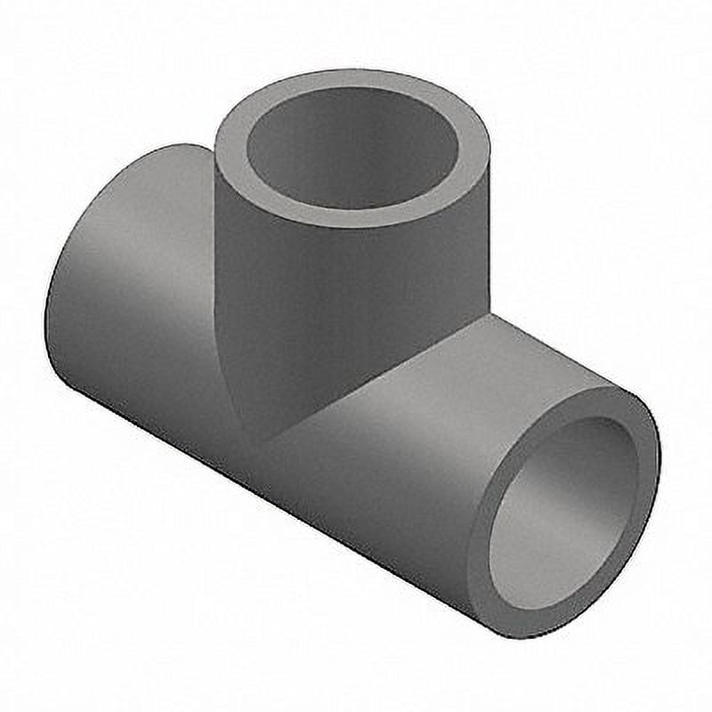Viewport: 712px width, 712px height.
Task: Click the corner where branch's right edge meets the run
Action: (488, 313)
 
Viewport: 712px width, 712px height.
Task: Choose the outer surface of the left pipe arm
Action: (142, 294)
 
